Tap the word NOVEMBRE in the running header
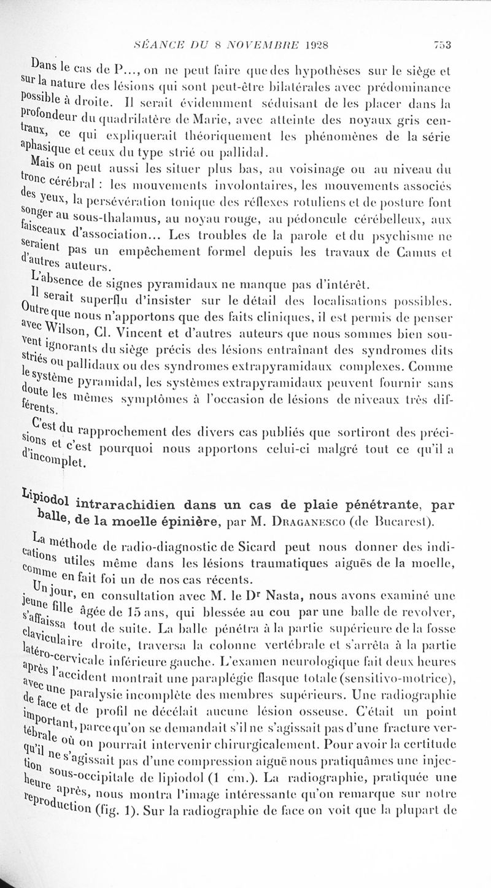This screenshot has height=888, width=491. [255, 44]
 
